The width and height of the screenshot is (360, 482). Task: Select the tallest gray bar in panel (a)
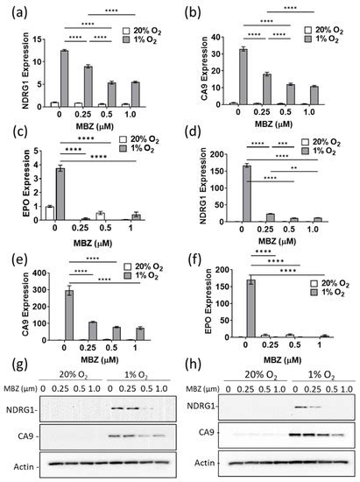tap(64, 78)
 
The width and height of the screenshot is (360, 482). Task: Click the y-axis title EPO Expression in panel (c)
tap(11, 185)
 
